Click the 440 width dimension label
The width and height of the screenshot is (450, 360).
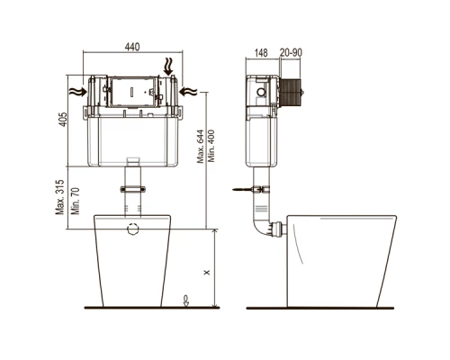coord(132,47)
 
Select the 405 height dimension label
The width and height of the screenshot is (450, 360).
coord(63,119)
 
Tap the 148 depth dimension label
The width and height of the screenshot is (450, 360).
coord(261,53)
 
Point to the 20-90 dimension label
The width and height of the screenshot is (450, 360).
coord(291,52)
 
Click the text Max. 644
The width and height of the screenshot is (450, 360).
coord(201,146)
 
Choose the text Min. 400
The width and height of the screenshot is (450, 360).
coord(211,146)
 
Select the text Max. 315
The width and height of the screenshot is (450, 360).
coord(60,197)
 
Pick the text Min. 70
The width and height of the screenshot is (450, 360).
coord(76,201)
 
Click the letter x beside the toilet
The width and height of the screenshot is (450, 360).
coord(207,273)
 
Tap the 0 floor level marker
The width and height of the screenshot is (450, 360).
coord(186,301)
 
